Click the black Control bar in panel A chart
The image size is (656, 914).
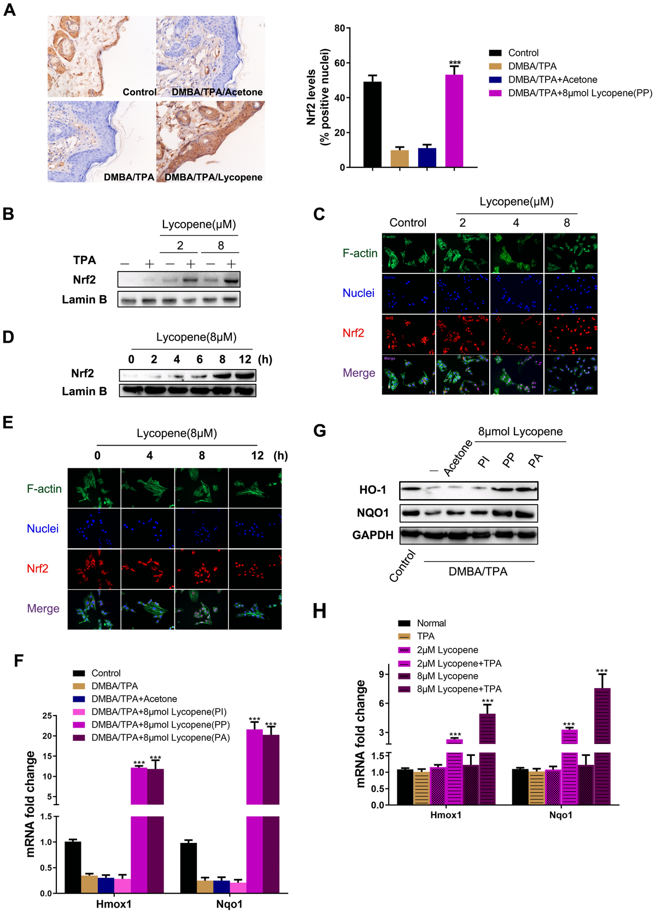point(372,125)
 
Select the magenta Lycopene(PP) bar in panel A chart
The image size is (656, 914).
point(454,121)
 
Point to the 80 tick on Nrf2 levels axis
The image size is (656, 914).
point(340,28)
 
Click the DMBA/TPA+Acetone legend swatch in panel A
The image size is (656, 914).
point(495,80)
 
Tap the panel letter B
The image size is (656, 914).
point(8,214)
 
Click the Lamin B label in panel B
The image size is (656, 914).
point(84,300)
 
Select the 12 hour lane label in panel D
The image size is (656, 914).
point(245,359)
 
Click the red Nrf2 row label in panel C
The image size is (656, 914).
point(353,333)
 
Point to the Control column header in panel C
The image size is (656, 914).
point(408,222)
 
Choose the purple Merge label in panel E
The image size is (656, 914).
point(43,608)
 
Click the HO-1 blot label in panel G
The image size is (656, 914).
point(373,490)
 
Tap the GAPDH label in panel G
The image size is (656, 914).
point(373,535)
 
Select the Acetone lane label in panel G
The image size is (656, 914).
point(458,458)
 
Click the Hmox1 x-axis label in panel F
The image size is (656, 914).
point(114,904)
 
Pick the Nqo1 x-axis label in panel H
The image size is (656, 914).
point(561,815)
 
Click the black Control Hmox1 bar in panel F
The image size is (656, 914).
point(73,867)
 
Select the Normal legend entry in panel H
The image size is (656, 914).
point(431,623)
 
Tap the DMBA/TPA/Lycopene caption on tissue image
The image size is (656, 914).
point(214,177)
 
